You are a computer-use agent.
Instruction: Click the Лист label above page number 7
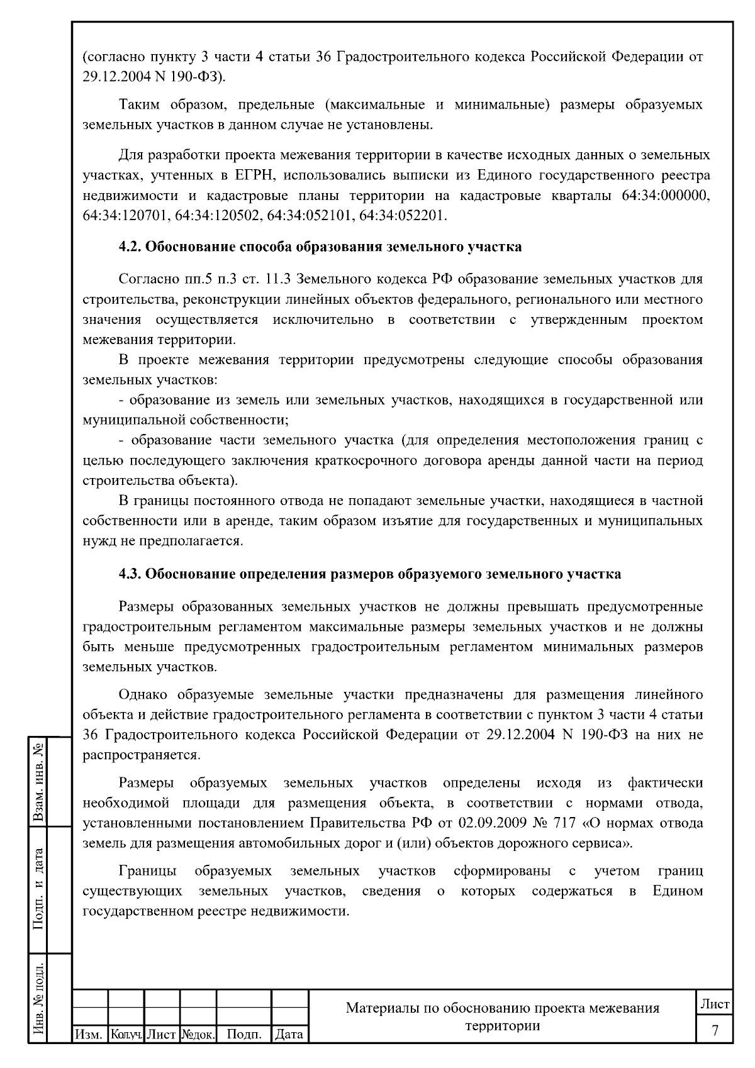pyautogui.click(x=715, y=1004)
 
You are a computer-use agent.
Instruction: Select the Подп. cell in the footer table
pyautogui.click(x=243, y=1034)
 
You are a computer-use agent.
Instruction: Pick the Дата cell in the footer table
pyautogui.click(x=289, y=1034)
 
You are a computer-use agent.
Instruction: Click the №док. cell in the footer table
pyautogui.click(x=198, y=1034)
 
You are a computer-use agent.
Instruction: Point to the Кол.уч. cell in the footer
pyautogui.click(x=126, y=1034)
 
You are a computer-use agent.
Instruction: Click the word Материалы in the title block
pyautogui.click(x=381, y=1008)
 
